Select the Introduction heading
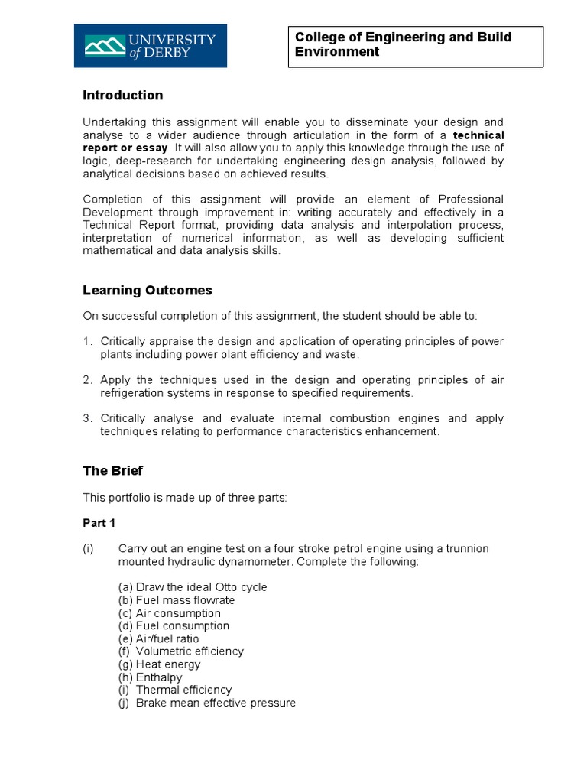tap(122, 96)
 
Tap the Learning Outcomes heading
tap(147, 291)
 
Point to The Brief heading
tap(112, 471)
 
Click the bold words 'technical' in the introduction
tap(478, 135)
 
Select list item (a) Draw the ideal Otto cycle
tap(193, 587)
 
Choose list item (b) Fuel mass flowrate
tap(177, 600)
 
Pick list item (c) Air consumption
tap(169, 613)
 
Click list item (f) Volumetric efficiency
tap(181, 651)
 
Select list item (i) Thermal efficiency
tap(175, 690)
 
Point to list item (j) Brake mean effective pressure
tap(206, 703)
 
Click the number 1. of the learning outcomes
tap(88, 341)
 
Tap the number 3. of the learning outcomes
tap(88, 418)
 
